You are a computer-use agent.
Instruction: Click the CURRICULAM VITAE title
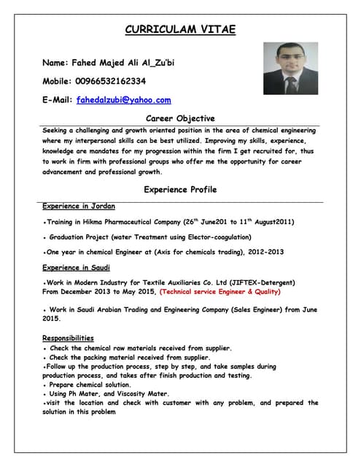pos(180,30)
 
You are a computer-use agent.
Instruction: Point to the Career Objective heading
pos(180,117)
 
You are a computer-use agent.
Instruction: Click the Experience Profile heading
pos(180,190)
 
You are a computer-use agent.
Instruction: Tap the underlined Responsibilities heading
pos(68,338)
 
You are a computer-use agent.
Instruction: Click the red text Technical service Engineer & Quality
pos(220,292)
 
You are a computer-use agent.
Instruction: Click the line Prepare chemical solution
pos(89,385)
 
